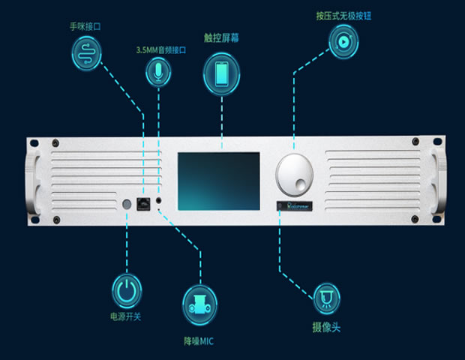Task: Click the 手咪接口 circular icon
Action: point(86,55)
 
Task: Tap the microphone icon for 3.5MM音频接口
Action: point(158,71)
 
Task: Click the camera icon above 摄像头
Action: point(326,298)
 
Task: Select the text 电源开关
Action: point(125,316)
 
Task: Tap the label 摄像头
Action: point(326,328)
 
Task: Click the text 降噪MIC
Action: point(199,338)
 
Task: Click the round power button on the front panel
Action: point(127,204)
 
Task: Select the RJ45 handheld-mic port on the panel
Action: point(143,202)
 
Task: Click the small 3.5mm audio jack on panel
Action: point(158,202)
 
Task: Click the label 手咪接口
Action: point(85,26)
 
